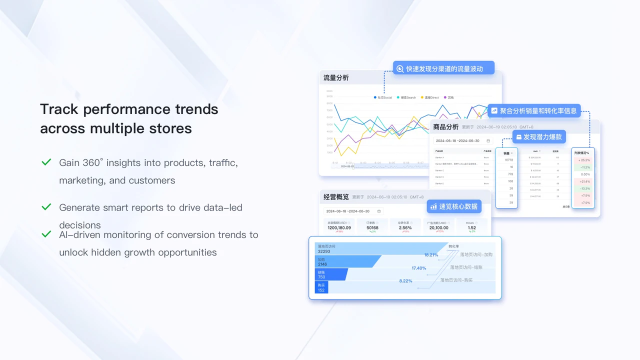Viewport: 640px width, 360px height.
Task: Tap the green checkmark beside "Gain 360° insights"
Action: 46,162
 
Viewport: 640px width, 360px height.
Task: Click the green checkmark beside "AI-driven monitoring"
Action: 46,234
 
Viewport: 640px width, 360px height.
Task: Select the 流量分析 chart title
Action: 336,78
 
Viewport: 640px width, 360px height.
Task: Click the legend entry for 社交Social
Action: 383,97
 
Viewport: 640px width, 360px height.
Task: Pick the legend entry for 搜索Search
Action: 406,97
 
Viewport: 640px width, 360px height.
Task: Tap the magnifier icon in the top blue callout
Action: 400,69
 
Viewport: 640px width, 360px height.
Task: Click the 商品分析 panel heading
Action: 445,127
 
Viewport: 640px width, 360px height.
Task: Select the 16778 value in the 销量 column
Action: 508,160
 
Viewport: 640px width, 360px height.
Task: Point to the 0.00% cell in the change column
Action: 585,174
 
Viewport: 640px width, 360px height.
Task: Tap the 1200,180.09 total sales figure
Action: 339,227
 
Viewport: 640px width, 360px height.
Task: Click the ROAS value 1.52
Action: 472,227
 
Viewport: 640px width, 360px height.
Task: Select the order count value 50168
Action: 372,227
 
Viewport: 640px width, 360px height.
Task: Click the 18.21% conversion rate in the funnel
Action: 431,255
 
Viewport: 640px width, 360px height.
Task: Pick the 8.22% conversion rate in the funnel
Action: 405,281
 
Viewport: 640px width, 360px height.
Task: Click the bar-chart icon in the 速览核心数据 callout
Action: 433,206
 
